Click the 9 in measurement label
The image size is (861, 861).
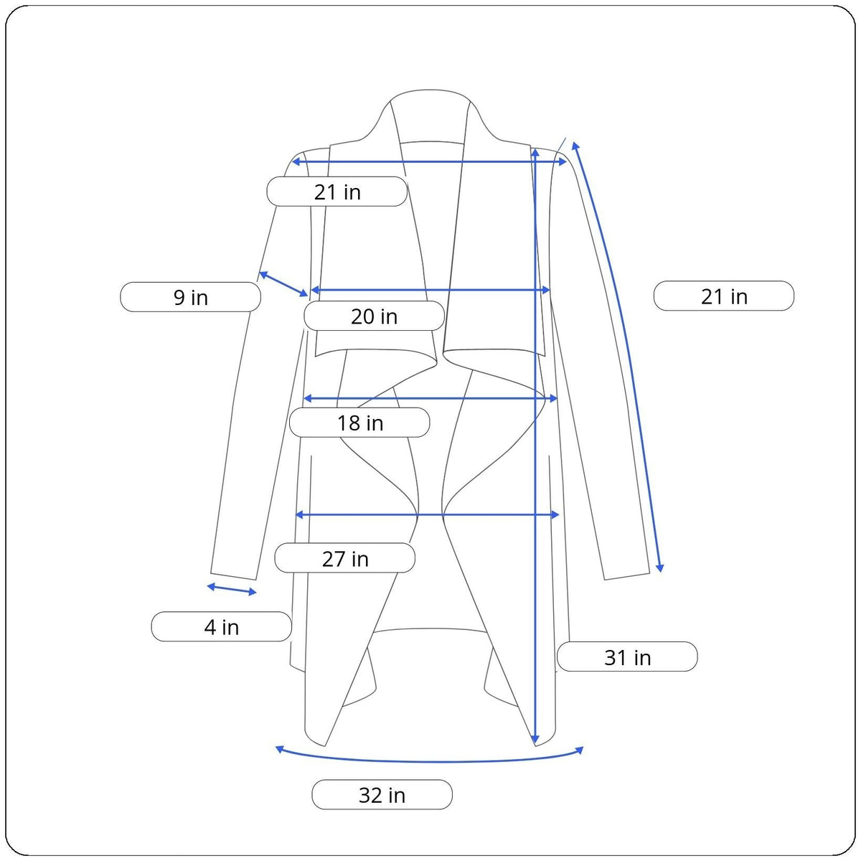pyautogui.click(x=190, y=297)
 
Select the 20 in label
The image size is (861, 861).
pyautogui.click(x=374, y=316)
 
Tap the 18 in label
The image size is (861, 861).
pyautogui.click(x=359, y=422)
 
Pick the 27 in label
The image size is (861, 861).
pyautogui.click(x=345, y=558)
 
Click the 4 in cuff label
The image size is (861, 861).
pyautogui.click(x=222, y=627)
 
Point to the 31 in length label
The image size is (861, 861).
pyautogui.click(x=627, y=657)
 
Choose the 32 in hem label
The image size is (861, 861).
pyautogui.click(x=382, y=795)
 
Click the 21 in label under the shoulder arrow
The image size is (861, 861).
pyautogui.click(x=337, y=192)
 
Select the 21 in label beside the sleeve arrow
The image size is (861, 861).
pyautogui.click(x=724, y=296)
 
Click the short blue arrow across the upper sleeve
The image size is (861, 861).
pyautogui.click(x=283, y=283)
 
